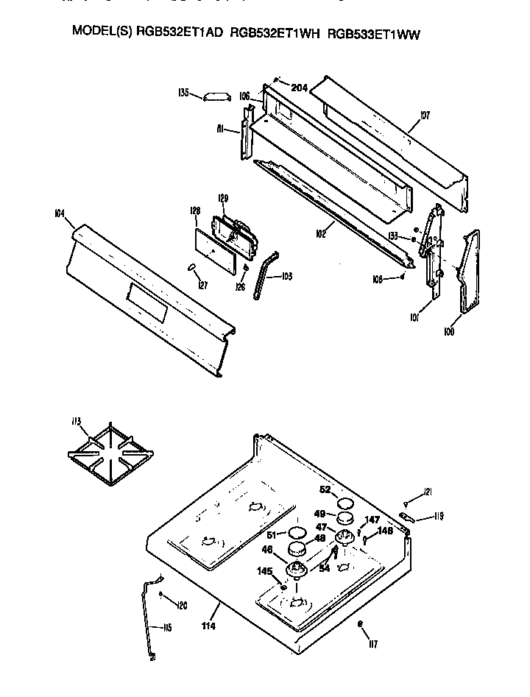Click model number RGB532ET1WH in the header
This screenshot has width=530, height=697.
click(275, 33)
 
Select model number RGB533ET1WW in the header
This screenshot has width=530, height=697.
click(374, 33)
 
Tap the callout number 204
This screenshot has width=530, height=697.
click(298, 88)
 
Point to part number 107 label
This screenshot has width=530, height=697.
click(425, 116)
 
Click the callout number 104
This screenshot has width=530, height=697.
click(60, 213)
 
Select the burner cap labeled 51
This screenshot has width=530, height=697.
click(296, 531)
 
